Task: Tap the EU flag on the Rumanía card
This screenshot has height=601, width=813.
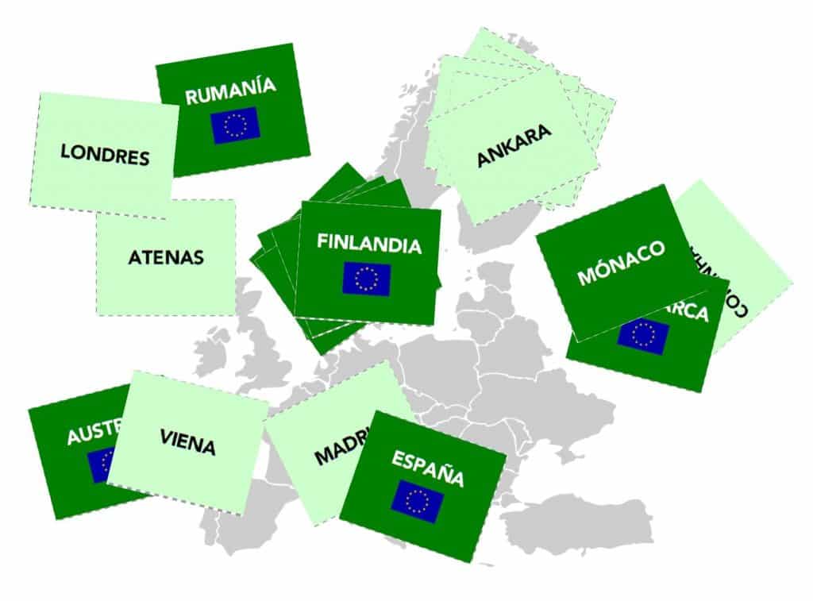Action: click(x=235, y=125)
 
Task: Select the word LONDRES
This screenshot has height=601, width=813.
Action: click(x=105, y=154)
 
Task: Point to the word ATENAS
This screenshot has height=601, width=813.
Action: click(x=166, y=257)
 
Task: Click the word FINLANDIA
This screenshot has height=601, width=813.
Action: click(x=369, y=244)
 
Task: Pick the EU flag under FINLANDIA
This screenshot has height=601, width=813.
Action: click(x=367, y=279)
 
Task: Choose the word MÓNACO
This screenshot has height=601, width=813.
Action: click(x=620, y=264)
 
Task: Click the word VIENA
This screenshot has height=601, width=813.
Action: click(x=187, y=443)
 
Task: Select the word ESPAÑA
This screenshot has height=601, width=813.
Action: click(x=427, y=468)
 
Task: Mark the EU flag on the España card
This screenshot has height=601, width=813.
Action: click(x=417, y=501)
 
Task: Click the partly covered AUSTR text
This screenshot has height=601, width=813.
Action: click(x=94, y=432)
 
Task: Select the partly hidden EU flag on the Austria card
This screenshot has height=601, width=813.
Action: click(x=100, y=465)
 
